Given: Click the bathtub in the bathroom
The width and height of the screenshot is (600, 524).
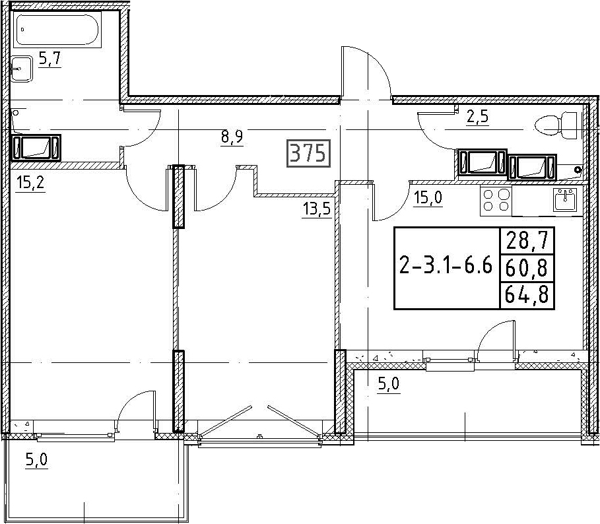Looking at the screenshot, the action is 57,30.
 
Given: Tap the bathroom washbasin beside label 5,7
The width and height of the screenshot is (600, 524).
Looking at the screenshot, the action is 21,69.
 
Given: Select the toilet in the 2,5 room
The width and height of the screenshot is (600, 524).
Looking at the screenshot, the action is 556,124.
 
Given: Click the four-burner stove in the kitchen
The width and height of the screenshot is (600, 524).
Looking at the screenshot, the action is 496,201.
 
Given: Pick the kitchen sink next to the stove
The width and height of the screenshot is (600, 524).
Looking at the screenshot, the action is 564,199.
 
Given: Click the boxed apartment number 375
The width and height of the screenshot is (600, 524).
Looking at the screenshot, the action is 308,153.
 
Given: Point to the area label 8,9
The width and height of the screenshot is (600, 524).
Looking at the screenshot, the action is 232,137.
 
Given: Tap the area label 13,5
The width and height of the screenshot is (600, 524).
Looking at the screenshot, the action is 316,209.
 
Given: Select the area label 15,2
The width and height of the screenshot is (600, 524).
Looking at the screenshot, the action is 30,183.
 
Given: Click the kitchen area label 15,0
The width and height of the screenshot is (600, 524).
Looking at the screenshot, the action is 428,197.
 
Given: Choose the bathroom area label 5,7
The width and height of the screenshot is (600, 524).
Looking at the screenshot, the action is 50,59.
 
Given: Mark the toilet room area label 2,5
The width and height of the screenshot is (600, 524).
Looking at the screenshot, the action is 477,117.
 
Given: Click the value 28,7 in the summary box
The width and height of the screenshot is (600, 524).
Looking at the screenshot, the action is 527,241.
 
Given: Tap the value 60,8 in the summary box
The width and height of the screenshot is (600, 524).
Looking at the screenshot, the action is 527,268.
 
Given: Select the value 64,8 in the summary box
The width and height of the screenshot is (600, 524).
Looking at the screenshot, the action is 527,294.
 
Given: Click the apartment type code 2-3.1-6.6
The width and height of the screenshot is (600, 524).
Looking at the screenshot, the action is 446,265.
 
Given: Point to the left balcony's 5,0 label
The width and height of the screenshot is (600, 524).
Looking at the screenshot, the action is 37,460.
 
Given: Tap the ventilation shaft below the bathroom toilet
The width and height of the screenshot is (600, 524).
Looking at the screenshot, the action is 36,147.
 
